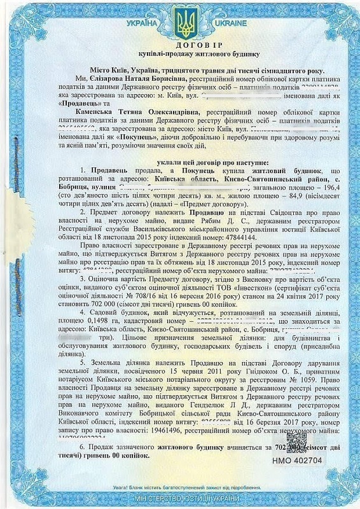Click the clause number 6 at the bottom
tap(81, 448)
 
